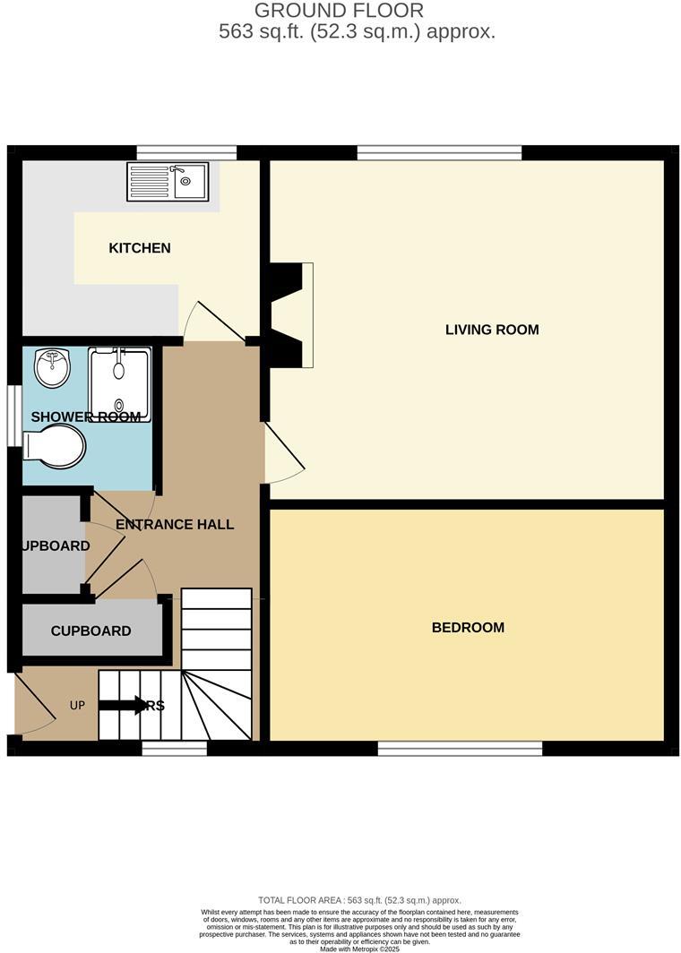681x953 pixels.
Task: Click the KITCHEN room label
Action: [140, 248]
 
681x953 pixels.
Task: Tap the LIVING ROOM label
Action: [492, 330]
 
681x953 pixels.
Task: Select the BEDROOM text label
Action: [468, 628]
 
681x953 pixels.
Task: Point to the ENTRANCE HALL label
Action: [175, 524]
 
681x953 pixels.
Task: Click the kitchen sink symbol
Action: [168, 181]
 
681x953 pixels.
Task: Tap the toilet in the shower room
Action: [54, 445]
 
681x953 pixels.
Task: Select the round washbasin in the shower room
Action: [53, 367]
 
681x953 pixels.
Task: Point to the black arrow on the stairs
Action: [122, 705]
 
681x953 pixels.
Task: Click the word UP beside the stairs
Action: [78, 706]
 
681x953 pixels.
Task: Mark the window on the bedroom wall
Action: [460, 748]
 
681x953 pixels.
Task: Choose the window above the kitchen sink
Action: [186, 152]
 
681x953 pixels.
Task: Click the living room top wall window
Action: [439, 152]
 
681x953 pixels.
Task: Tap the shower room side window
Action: [14, 415]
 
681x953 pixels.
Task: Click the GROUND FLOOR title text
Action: [340, 11]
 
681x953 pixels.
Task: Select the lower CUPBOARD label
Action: [91, 631]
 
